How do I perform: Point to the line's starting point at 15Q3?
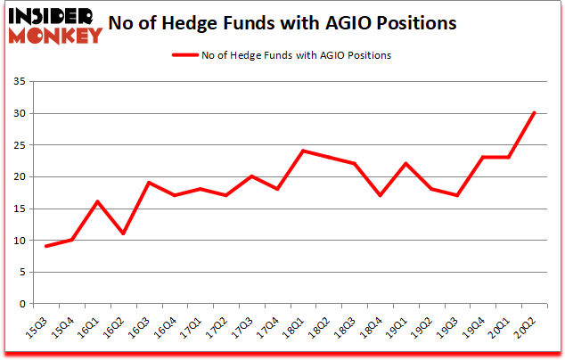(45, 246)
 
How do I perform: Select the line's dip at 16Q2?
(123, 233)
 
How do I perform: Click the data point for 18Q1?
(303, 151)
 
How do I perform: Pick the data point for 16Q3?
(149, 183)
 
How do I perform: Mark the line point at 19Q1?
(406, 164)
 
